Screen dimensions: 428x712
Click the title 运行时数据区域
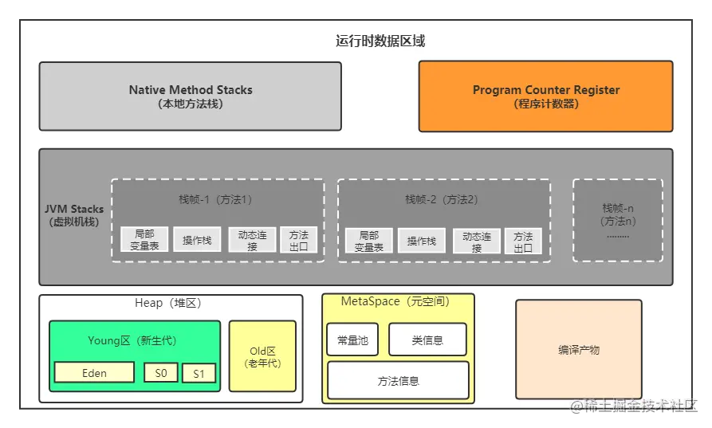click(x=380, y=41)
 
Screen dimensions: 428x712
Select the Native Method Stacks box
click(x=191, y=96)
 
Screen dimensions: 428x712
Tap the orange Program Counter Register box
click(x=545, y=96)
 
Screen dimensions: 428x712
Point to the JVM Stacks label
click(x=74, y=215)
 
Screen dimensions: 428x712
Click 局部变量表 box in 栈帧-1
click(x=144, y=240)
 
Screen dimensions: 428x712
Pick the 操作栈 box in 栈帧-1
click(x=197, y=240)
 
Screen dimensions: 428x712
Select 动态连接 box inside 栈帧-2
click(x=477, y=241)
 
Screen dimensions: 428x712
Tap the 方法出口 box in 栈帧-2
click(x=523, y=241)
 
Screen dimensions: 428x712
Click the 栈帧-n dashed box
click(x=617, y=220)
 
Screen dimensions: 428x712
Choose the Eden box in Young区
click(x=94, y=372)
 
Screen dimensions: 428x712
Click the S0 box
click(x=161, y=372)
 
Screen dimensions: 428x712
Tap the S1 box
click(x=199, y=373)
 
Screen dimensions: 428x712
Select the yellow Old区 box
click(x=262, y=356)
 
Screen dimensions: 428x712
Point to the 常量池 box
click(x=352, y=340)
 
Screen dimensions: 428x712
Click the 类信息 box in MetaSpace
click(x=427, y=340)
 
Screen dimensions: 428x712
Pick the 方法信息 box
click(x=398, y=380)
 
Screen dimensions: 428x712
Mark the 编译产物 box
click(x=578, y=349)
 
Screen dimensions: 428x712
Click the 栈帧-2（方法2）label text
click(x=442, y=199)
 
